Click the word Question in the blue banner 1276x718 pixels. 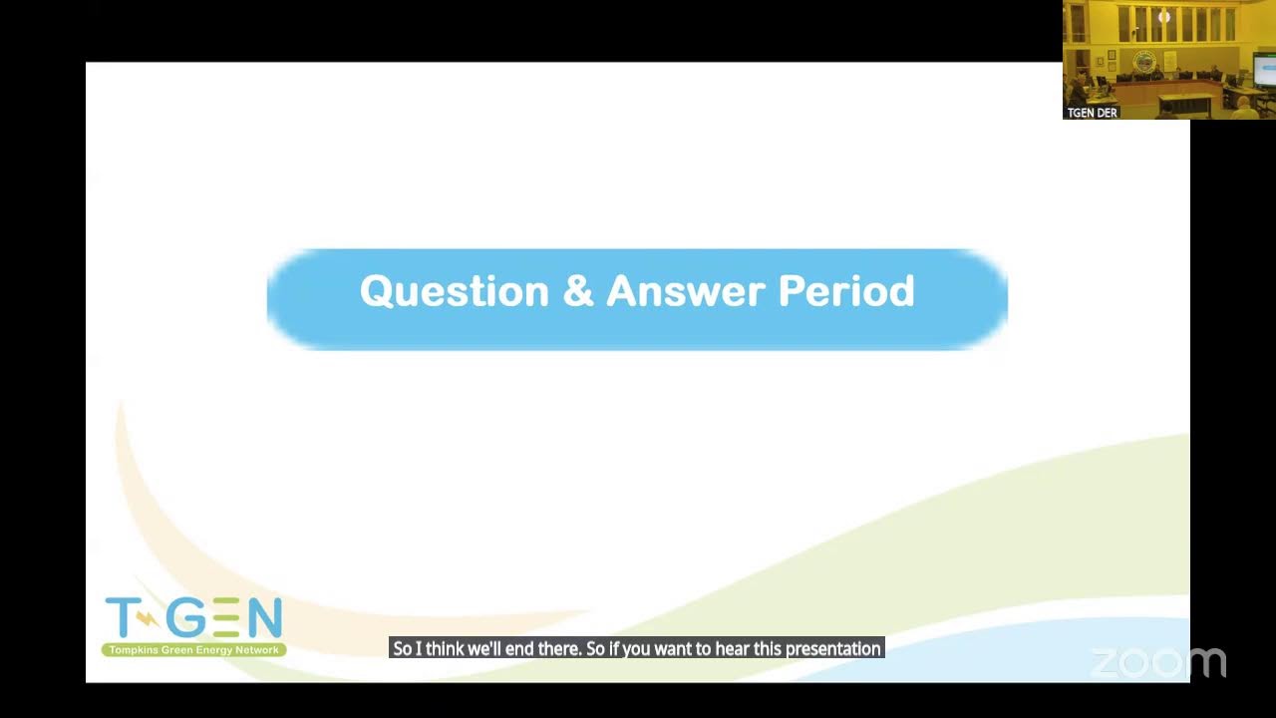pos(454,292)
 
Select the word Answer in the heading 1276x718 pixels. pos(686,290)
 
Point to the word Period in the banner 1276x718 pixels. pos(846,290)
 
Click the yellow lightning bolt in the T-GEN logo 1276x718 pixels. pos(148,619)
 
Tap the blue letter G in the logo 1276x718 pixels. pos(186,617)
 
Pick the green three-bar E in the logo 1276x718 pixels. pos(227,617)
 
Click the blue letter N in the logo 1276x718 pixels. pos(265,617)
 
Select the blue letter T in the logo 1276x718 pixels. pos(123,617)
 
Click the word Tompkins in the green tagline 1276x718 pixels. pos(134,650)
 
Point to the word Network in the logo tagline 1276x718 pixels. pos(257,650)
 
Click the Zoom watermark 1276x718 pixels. pos(1158,663)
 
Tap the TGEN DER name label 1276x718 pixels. pos(1092,113)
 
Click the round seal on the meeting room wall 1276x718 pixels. pos(1143,61)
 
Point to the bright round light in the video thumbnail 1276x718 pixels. pos(1164,17)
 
